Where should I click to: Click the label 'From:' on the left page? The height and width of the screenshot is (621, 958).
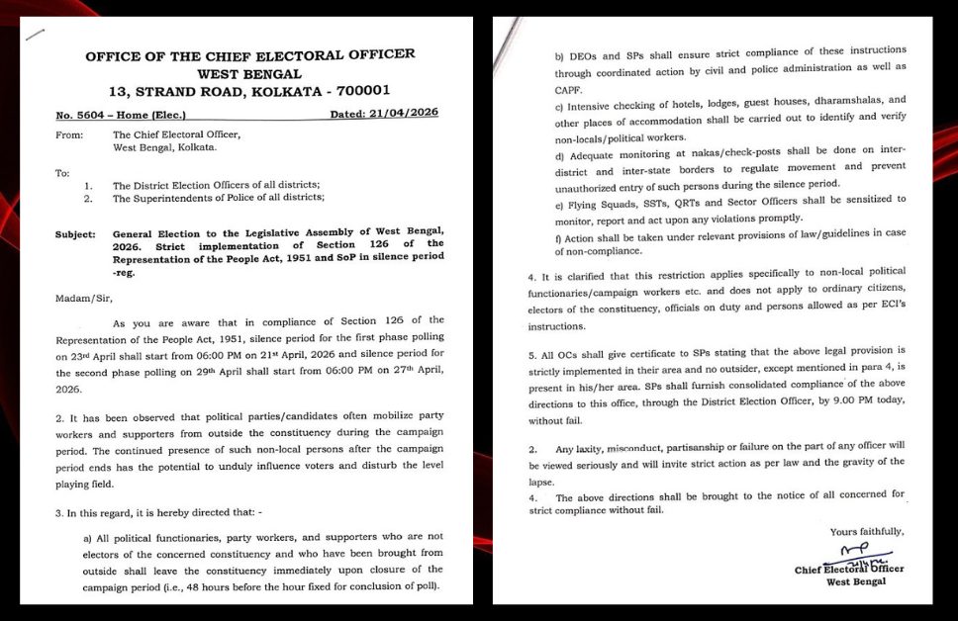pyautogui.click(x=69, y=135)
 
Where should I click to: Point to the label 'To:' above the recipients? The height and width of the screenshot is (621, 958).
pyautogui.click(x=63, y=173)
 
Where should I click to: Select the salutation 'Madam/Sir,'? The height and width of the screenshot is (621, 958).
pyautogui.click(x=82, y=296)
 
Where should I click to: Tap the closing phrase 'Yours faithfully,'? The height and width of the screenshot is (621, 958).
pyautogui.click(x=866, y=532)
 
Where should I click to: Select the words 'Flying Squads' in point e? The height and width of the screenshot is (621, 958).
pyautogui.click(x=597, y=201)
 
